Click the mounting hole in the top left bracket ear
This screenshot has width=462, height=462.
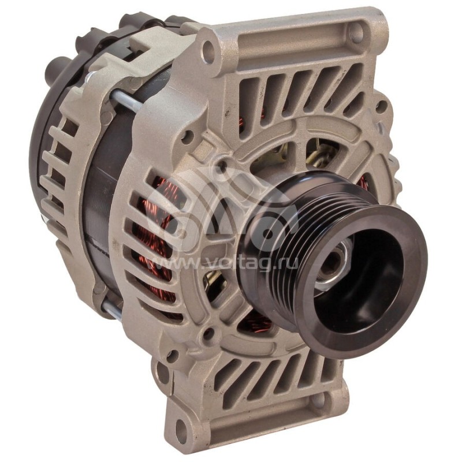209,51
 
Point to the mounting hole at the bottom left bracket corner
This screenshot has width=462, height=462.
181,430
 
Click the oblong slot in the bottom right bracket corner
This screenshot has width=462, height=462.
324,404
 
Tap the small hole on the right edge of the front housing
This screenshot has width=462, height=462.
381,106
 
